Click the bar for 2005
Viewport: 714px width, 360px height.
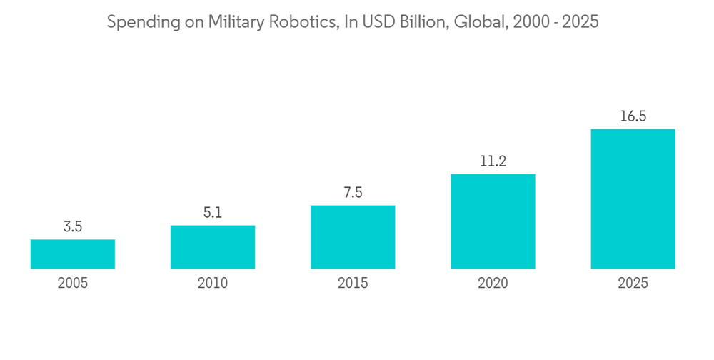(x=73, y=254)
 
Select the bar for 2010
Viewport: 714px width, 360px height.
(x=213, y=247)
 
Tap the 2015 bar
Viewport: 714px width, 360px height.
(x=353, y=237)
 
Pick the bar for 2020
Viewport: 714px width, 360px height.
(x=493, y=221)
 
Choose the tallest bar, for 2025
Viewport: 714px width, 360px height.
(x=633, y=199)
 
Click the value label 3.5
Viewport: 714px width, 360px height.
(x=73, y=227)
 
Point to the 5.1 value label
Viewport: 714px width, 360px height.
(x=213, y=213)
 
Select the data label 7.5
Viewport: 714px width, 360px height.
(x=353, y=193)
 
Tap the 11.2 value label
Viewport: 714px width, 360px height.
(x=493, y=161)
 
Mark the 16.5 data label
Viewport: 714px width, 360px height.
(x=633, y=116)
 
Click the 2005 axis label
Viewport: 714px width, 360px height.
(x=73, y=284)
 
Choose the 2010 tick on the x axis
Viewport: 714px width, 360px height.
(x=213, y=284)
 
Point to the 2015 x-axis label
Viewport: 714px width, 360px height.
(x=353, y=284)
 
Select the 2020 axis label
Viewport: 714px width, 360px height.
(x=493, y=284)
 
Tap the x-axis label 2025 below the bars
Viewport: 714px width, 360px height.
(x=633, y=284)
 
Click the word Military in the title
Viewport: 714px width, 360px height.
(x=235, y=23)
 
